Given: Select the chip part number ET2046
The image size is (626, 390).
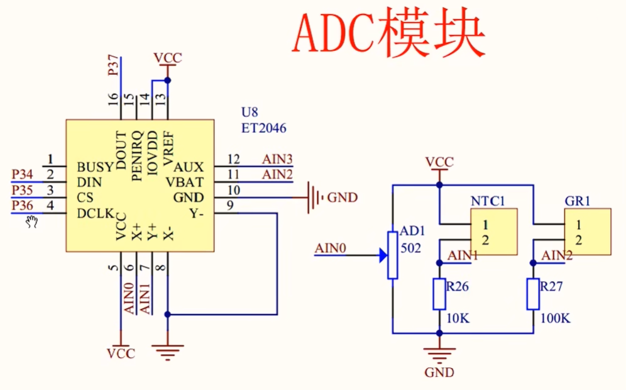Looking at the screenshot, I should (x=264, y=128).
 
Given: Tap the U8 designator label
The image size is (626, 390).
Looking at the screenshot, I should (x=250, y=113).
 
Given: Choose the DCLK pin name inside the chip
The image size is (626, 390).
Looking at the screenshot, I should (x=96, y=214).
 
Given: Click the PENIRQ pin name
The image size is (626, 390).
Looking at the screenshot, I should (x=138, y=156).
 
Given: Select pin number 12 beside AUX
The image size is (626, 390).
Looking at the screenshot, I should (x=234, y=159).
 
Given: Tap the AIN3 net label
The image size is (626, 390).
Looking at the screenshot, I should (x=277, y=159).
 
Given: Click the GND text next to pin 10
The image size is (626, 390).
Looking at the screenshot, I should (x=343, y=198).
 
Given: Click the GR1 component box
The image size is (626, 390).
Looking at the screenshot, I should (x=587, y=232).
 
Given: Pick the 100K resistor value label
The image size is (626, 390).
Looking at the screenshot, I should (x=555, y=318).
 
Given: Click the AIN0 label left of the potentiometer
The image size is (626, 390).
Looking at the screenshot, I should (x=330, y=249).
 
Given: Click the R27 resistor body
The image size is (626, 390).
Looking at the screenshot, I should (x=533, y=294).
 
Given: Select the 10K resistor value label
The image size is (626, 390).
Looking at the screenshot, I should (x=457, y=318).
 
